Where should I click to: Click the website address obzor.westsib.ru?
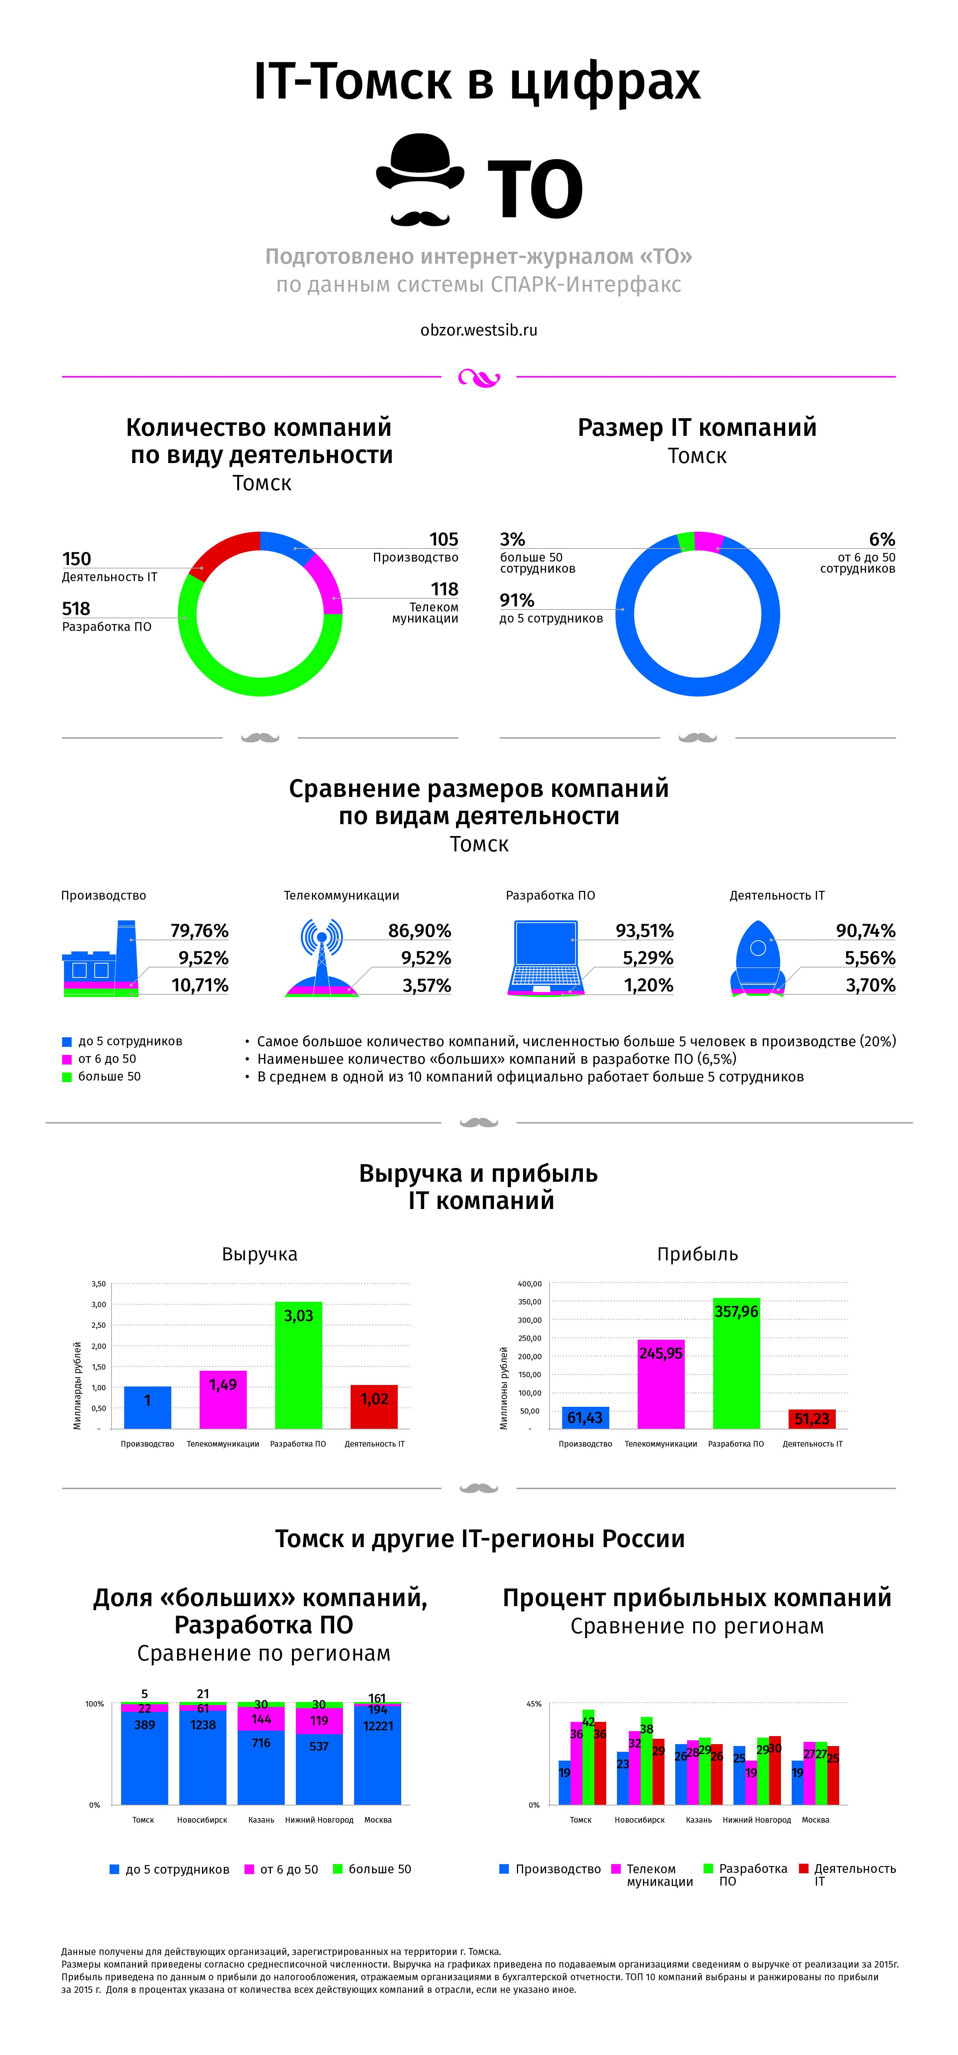[x=479, y=330]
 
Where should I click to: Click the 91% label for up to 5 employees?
[x=517, y=600]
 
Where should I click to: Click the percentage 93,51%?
[x=645, y=931]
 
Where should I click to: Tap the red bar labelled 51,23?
[x=812, y=1418]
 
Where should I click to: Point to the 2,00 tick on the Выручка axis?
[x=98, y=1346]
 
